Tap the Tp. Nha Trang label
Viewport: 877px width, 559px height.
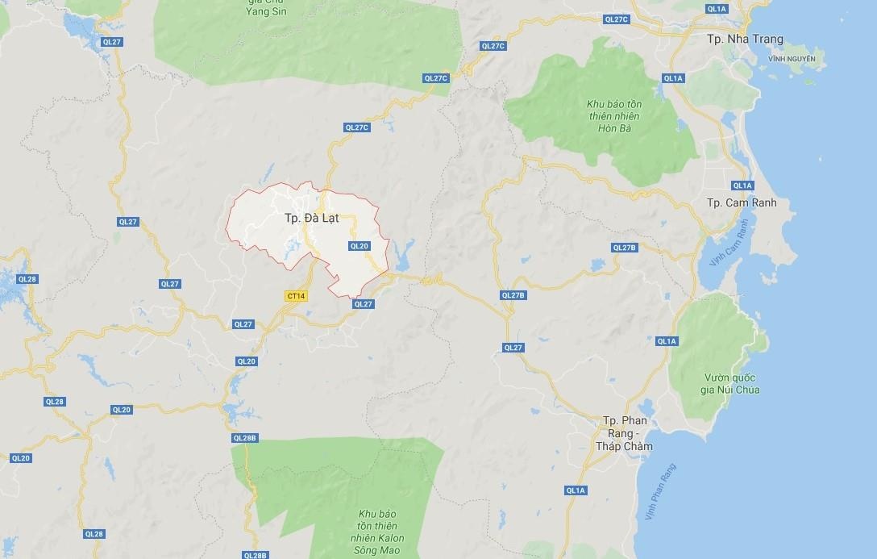744,40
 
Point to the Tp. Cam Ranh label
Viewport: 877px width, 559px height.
741,202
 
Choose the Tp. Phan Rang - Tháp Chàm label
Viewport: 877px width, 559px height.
624,434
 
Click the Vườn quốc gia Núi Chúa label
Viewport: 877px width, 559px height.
731,383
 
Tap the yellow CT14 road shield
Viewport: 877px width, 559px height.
296,296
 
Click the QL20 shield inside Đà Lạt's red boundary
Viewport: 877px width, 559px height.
360,246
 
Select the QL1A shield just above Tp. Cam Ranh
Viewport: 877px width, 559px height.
742,186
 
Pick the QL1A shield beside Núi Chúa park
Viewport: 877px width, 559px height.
667,341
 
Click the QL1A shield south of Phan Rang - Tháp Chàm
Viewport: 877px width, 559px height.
576,490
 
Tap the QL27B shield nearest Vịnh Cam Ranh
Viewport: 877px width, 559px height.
625,248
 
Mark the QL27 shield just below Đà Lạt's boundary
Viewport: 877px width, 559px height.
363,304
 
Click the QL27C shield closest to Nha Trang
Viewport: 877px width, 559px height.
616,19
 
